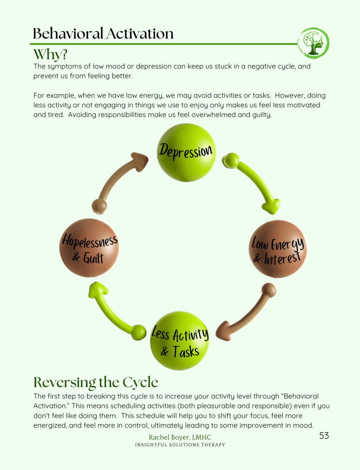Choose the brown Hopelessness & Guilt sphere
pos(89,248)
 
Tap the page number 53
pos(324,436)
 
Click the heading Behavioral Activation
pos(103,34)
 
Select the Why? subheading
pos(50,54)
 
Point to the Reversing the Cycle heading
pos(96,382)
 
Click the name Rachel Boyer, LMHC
pos(180,437)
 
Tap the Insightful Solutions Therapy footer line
pos(180,445)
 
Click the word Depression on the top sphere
pos(186,150)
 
